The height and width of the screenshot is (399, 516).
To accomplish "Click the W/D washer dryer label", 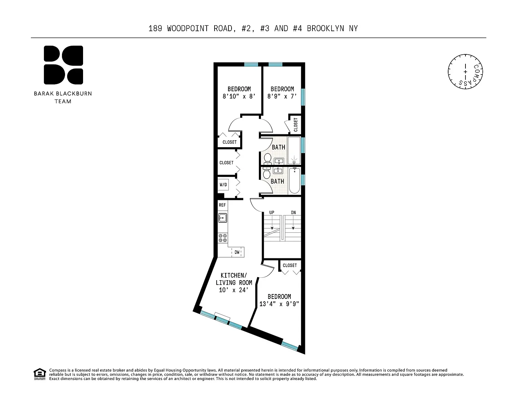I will (223, 185).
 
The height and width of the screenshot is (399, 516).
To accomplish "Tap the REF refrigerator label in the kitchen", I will (222, 205).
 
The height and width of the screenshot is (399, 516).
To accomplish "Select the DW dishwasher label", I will (237, 252).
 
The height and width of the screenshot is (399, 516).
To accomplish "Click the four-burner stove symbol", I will (223, 238).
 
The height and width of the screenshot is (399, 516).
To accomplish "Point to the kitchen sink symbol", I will (223, 218).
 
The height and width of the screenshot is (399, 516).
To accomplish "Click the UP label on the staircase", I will (272, 213).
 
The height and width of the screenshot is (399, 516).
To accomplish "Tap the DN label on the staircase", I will (293, 213).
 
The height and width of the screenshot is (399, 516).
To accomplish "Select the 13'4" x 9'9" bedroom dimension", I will (279, 304).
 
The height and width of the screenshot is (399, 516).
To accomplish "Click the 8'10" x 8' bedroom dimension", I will (239, 97).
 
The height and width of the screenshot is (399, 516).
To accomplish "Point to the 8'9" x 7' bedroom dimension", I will (282, 97).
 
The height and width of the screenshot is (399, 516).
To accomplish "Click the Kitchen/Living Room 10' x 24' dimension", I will (234, 290).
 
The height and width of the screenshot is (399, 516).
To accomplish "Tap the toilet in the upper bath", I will (268, 159).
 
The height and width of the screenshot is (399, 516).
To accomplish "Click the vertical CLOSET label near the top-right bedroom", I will (296, 125).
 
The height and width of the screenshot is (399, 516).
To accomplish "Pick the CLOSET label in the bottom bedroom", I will (290, 265).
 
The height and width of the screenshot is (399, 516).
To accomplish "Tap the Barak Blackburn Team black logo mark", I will (63, 65).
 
